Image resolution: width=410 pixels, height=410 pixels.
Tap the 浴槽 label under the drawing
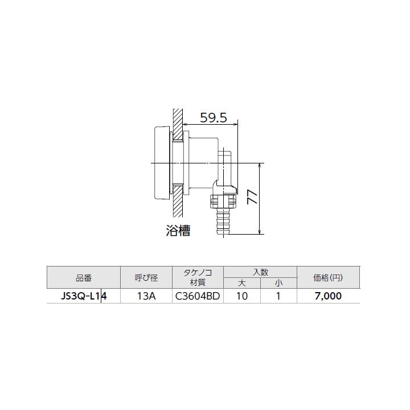tap(178, 231)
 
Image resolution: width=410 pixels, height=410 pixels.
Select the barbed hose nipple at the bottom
tap(222, 223)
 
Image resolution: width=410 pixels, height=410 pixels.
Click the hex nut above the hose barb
tap(222, 201)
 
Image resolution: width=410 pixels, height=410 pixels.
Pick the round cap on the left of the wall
tap(161, 163)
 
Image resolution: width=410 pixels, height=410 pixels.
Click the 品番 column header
tap(83, 278)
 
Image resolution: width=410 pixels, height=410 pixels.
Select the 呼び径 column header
tap(146, 278)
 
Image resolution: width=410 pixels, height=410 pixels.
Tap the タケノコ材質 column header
tap(198, 278)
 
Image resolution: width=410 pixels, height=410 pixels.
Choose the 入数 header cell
tap(260, 272)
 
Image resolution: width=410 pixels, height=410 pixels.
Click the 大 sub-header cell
tap(242, 283)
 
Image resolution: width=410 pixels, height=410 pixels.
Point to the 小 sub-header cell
tap(278, 283)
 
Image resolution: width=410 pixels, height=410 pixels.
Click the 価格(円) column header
tap(328, 278)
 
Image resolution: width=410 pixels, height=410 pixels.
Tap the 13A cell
tap(146, 296)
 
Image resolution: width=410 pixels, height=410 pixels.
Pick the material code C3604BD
tap(198, 296)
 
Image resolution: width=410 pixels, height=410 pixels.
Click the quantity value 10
tap(242, 296)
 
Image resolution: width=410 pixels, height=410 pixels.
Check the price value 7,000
tap(328, 296)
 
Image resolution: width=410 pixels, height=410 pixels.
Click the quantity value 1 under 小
tap(278, 296)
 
